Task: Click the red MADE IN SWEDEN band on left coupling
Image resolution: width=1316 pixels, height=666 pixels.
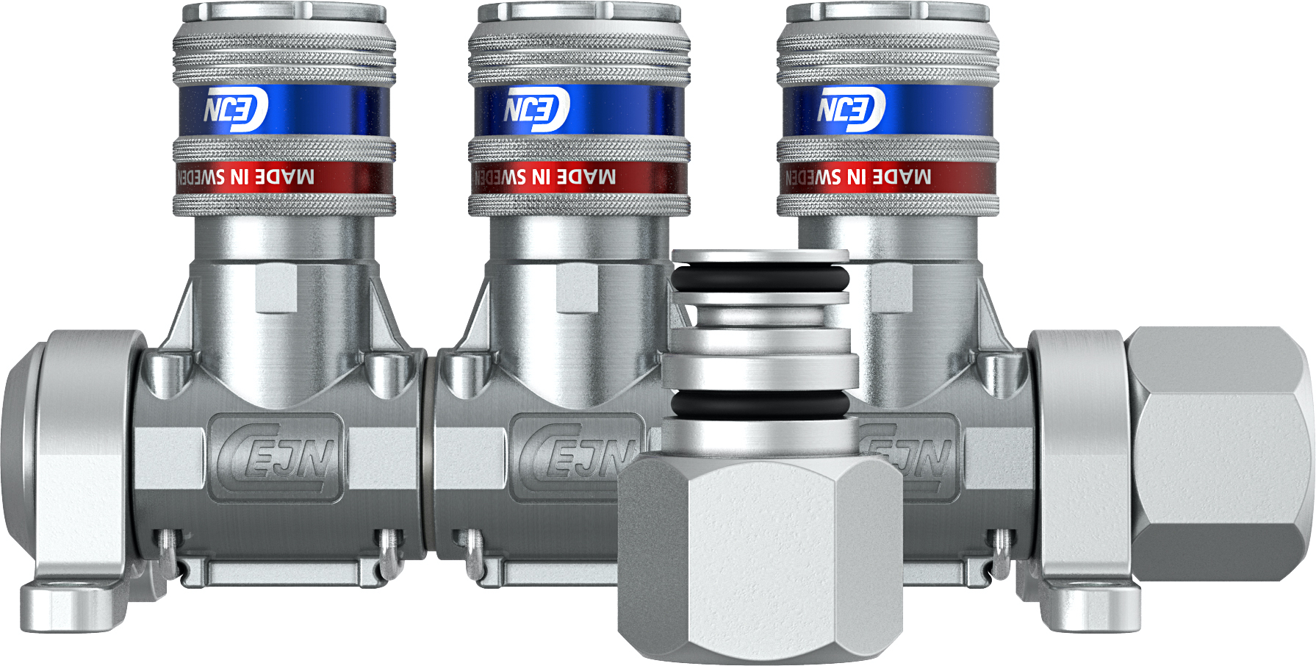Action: (x=284, y=177)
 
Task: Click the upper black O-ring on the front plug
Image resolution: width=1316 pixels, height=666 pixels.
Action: (x=761, y=279)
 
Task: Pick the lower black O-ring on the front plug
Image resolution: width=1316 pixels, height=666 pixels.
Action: (x=761, y=403)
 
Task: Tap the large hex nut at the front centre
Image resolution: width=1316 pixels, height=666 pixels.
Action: (x=761, y=551)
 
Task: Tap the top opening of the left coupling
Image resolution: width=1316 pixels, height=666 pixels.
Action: (x=284, y=10)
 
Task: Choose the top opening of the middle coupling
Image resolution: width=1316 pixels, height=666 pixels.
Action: (x=579, y=10)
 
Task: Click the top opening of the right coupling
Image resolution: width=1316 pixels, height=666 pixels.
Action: (x=888, y=10)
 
